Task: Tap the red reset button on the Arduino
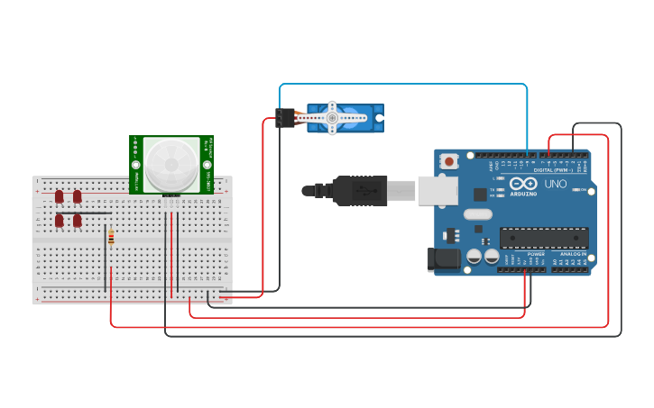pos(449,161)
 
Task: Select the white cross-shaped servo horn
pos(332,117)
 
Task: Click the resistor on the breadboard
pos(111,237)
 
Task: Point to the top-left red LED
pos(60,196)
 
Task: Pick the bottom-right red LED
pos(78,220)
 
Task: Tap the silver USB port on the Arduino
pos(437,190)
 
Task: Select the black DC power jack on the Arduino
pos(441,260)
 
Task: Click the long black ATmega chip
pos(544,238)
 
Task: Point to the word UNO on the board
pos(556,184)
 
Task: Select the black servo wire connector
pos(285,118)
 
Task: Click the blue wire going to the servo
pos(406,85)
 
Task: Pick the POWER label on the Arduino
pos(536,254)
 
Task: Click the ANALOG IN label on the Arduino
pos(573,254)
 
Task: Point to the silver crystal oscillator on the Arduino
pos(478,214)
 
